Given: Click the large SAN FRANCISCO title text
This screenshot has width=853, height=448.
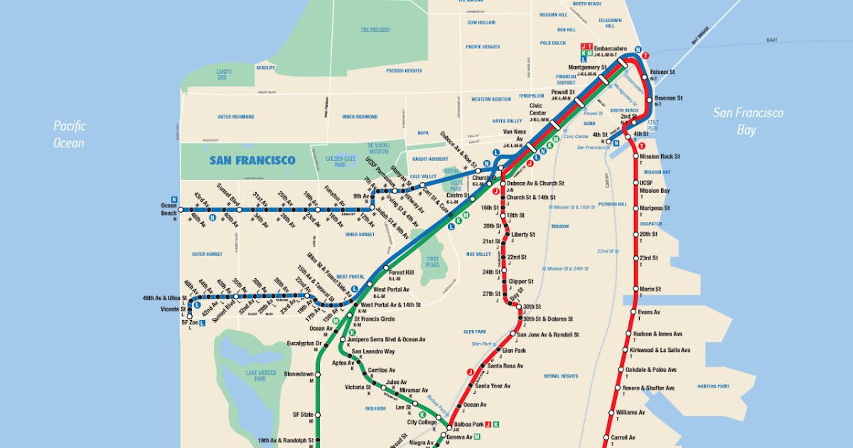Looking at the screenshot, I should pos(252,161).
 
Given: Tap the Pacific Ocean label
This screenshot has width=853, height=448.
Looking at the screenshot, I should pos(70,134).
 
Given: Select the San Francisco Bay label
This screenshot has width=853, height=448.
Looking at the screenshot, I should pos(748,121).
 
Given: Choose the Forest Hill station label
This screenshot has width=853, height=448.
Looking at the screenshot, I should pos(401,272).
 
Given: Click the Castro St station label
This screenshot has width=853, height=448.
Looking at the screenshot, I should pos(458,195).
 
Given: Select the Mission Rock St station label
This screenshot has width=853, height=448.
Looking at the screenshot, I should pos(660,156).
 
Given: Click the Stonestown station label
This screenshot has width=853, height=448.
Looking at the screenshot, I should pos(299,373).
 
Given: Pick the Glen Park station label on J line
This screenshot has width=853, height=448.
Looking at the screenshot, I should pos(514,351).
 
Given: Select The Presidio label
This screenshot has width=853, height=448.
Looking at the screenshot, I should pos(375,30).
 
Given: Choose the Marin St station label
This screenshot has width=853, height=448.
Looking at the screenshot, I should pos(650,289).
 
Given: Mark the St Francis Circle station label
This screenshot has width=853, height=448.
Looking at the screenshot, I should pos(374,319).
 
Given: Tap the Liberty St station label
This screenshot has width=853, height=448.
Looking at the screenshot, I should pos(522,235).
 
